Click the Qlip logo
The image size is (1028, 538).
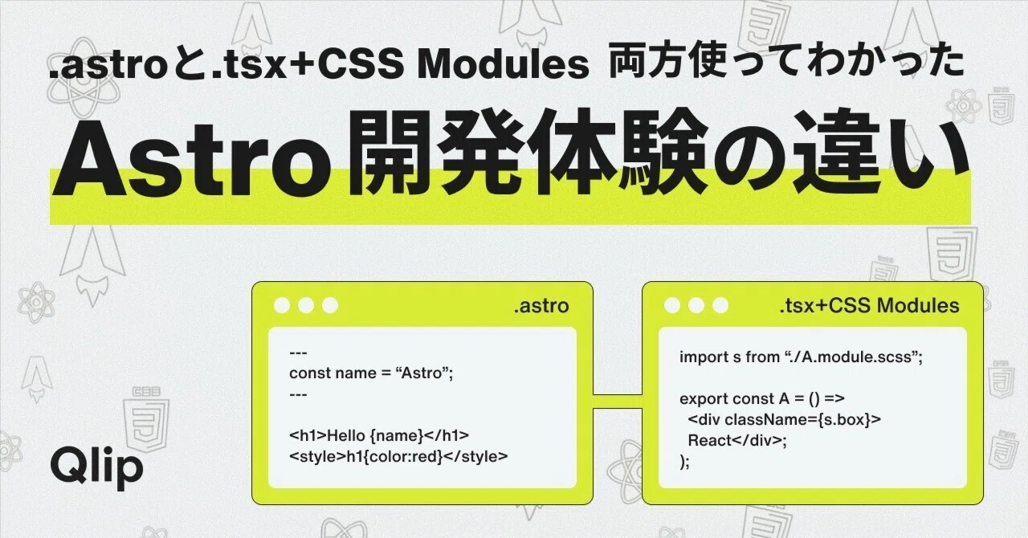[97, 467]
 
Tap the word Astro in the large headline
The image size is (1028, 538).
[192, 158]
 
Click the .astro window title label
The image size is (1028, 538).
[541, 306]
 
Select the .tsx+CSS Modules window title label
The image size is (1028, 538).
[869, 306]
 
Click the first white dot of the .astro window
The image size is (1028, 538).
[282, 305]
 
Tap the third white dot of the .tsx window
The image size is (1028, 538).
[720, 305]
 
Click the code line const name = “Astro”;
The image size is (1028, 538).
[371, 373]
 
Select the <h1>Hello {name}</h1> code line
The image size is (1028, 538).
[379, 435]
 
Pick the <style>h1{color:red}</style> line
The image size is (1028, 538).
[398, 457]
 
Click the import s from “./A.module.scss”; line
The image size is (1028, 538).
[801, 357]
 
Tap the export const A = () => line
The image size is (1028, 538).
[762, 398]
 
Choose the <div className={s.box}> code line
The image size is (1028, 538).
[785, 420]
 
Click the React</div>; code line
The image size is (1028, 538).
[737, 441]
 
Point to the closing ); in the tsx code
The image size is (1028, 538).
[684, 462]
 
